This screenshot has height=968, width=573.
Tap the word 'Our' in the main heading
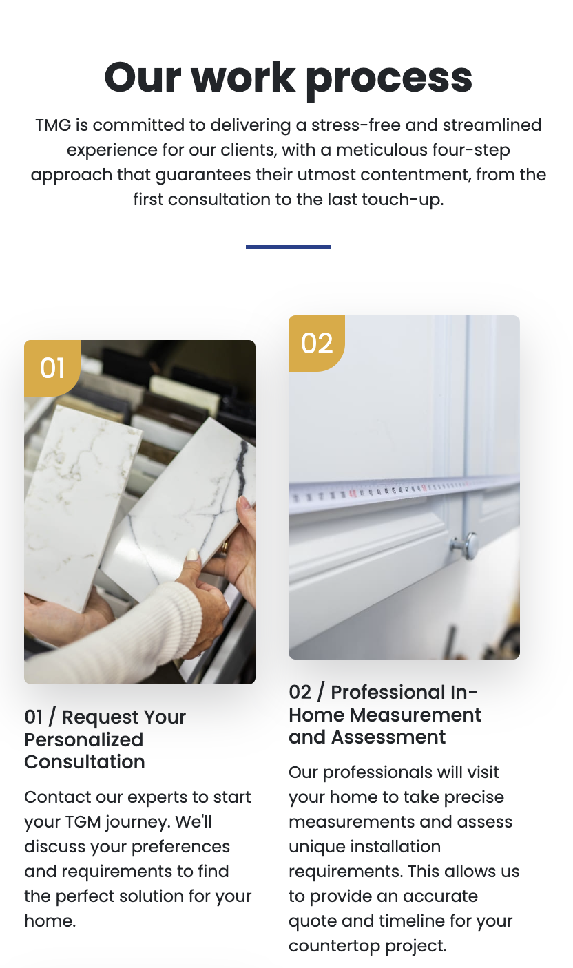[143, 78]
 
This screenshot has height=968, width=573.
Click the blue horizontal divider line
[289, 247]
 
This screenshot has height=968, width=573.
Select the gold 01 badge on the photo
[52, 368]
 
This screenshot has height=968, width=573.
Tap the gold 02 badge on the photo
[317, 344]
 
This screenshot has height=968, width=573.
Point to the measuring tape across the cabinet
[404, 493]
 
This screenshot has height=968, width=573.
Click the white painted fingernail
[193, 554]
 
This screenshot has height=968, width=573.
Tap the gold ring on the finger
[225, 548]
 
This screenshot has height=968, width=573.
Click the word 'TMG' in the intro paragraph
[53, 125]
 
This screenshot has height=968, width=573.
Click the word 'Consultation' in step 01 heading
[85, 762]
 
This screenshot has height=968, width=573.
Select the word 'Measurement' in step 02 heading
[415, 715]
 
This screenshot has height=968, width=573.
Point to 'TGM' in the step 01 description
[83, 822]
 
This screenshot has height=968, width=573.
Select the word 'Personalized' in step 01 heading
[84, 740]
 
